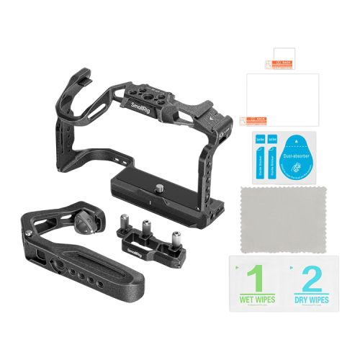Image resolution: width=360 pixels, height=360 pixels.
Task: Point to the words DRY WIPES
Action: pyautogui.click(x=312, y=299)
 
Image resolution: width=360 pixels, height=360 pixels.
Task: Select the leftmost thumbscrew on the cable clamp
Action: pyautogui.click(x=120, y=219)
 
